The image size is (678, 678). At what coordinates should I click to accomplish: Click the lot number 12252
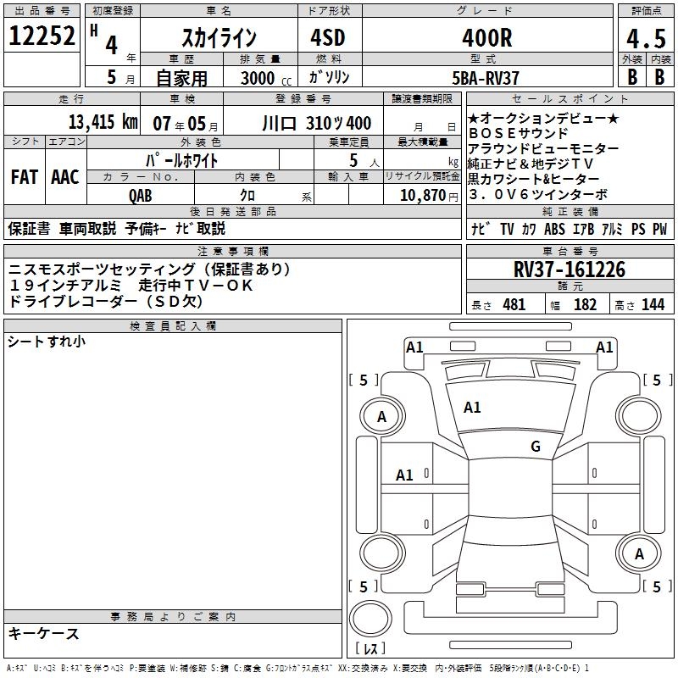(42, 36)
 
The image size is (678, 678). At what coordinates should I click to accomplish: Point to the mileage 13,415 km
(103, 122)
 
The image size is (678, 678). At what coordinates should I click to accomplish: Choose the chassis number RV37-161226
(569, 270)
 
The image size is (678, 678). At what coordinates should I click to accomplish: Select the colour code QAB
(142, 195)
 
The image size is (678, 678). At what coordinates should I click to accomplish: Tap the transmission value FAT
(24, 177)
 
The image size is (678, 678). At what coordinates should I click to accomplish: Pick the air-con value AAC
(65, 177)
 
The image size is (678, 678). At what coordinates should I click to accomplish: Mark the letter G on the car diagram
(536, 446)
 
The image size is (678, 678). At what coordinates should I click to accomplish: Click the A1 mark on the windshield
(472, 408)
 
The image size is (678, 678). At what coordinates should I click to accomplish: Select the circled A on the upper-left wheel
(381, 416)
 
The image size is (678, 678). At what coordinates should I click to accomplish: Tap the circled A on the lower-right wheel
(640, 553)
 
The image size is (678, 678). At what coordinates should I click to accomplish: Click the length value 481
(514, 304)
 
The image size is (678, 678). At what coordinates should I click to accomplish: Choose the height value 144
(653, 304)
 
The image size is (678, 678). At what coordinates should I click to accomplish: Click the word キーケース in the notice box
(44, 633)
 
